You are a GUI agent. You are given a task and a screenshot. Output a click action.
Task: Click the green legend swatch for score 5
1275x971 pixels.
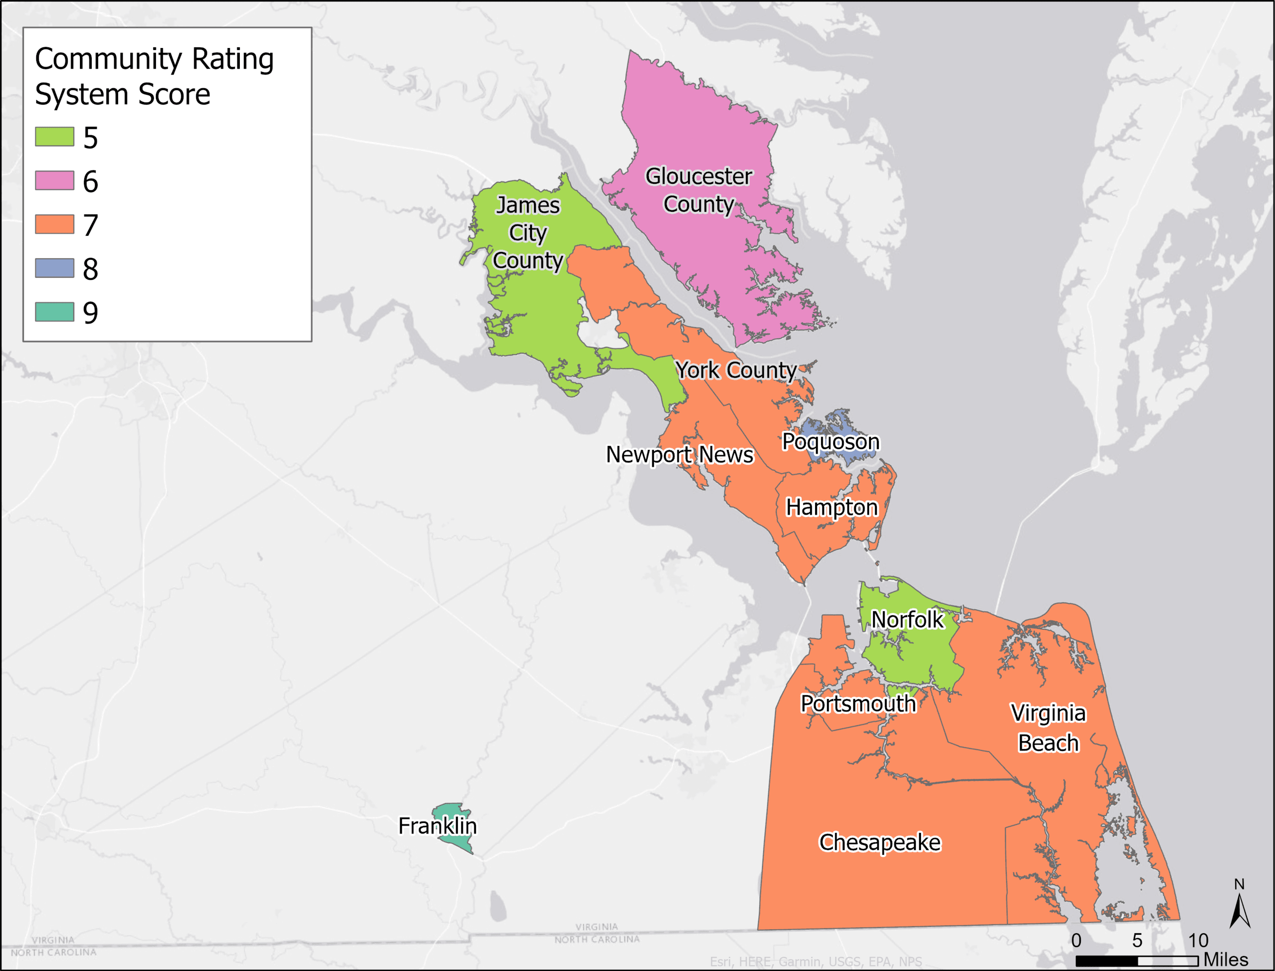(54, 137)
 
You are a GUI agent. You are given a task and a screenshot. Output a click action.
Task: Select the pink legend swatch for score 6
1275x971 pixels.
(54, 180)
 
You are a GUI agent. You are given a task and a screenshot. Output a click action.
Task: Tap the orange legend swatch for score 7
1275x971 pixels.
(54, 224)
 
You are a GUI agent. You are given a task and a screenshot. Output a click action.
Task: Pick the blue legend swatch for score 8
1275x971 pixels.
(54, 268)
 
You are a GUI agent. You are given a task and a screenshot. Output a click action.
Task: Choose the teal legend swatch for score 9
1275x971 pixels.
(54, 312)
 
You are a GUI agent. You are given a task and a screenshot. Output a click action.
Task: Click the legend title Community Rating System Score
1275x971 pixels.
(154, 76)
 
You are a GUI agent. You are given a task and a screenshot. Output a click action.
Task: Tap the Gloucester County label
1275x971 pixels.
(698, 190)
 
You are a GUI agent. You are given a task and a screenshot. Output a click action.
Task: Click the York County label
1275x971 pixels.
(736, 371)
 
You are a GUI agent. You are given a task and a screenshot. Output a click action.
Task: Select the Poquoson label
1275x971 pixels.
(830, 442)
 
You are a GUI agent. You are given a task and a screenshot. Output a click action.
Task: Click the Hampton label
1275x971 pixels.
(832, 507)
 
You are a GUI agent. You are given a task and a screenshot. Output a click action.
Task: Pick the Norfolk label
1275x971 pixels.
(907, 620)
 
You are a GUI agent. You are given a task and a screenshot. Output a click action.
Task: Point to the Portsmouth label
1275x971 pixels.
(858, 704)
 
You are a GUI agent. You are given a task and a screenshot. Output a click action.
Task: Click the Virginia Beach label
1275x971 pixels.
(1048, 728)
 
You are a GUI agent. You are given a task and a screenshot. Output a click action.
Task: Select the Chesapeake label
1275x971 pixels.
(879, 843)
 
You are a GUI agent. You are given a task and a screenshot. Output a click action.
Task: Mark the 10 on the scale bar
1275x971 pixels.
(1198, 941)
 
